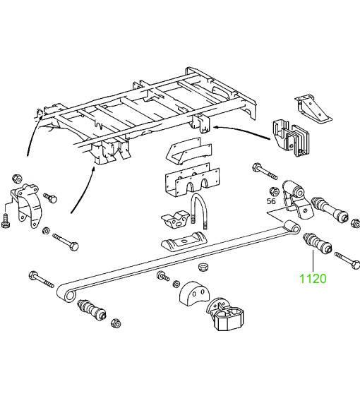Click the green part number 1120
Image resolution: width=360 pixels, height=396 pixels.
click(x=313, y=279)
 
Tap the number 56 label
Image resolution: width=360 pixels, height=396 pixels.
click(x=271, y=201)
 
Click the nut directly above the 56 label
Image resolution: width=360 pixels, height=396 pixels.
click(x=274, y=191)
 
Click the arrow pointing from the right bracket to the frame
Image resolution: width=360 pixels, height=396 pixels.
click(x=242, y=132)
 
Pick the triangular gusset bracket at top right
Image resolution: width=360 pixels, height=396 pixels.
click(x=313, y=109)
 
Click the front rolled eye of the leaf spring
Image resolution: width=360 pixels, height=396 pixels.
click(x=67, y=293)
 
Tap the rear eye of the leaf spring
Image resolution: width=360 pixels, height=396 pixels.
click(x=291, y=227)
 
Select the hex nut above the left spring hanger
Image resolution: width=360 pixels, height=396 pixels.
click(x=17, y=179)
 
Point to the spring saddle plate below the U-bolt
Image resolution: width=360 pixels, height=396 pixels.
click(x=183, y=240)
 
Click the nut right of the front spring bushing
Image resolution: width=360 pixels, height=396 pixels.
click(x=116, y=323)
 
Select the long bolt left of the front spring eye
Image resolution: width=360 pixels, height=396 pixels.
click(x=42, y=279)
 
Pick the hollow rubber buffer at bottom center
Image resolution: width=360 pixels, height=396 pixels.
click(x=225, y=315)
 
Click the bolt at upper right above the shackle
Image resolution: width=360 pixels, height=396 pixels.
click(x=265, y=172)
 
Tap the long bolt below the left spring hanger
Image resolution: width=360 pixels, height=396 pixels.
click(x=66, y=241)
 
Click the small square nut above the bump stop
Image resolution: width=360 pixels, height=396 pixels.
click(x=203, y=267)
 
